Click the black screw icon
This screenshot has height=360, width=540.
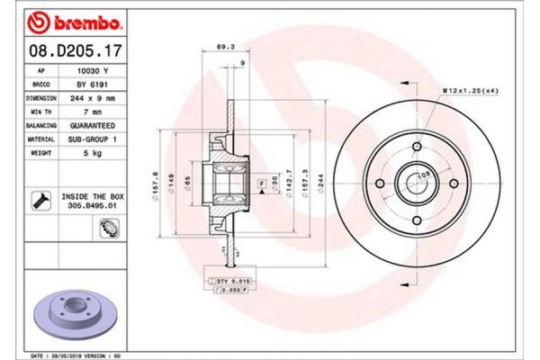pos(41,200)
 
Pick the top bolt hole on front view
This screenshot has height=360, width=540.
pos(418,147)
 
